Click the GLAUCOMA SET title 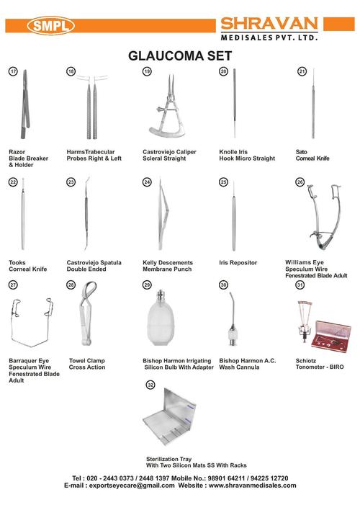click(x=179, y=55)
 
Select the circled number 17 click(x=13, y=72)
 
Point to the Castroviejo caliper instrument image click(x=165, y=108)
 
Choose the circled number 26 click(x=300, y=183)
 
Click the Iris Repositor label click(x=239, y=263)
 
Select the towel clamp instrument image click(x=86, y=320)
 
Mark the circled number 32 click(x=150, y=386)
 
